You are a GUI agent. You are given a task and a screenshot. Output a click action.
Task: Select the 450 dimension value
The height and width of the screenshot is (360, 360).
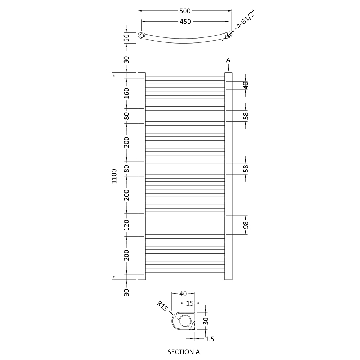[x=185, y=22]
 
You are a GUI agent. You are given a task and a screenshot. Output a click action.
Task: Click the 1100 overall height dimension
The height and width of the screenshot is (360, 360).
[x=114, y=176]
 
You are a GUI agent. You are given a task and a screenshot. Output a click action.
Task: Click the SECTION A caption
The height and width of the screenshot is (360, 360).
[x=184, y=351]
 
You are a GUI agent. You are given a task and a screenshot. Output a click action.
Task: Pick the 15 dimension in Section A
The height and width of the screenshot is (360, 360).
[x=190, y=303]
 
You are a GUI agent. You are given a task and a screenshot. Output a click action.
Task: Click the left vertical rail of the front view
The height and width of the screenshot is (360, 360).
[x=141, y=176]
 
